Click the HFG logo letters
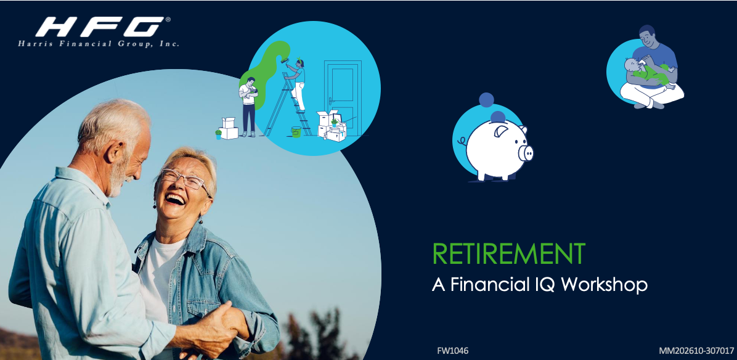click(x=100, y=27)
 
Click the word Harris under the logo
click(x=34, y=44)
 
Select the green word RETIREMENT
click(x=509, y=254)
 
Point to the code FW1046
click(x=453, y=351)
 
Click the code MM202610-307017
click(x=696, y=351)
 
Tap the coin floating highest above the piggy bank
click(x=486, y=100)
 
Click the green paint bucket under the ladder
click(x=296, y=131)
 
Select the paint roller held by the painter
click(x=284, y=60)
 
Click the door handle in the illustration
click(x=332, y=100)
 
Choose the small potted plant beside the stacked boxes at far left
click(x=218, y=134)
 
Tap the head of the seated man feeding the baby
click(x=648, y=36)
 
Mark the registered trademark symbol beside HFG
click(x=168, y=20)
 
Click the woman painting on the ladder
click(x=298, y=84)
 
